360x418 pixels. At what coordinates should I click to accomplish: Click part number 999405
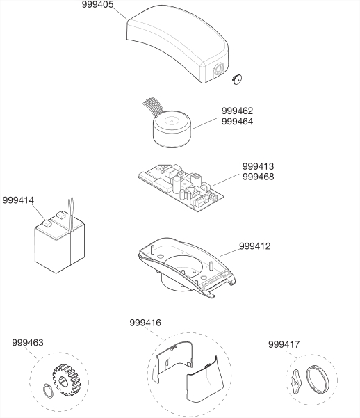[97, 5]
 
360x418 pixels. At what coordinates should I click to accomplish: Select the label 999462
[237, 111]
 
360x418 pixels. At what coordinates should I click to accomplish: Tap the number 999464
[237, 122]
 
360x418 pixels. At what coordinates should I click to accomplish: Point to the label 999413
[258, 166]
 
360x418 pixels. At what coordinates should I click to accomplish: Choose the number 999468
[258, 177]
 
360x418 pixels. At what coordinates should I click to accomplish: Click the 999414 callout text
[18, 200]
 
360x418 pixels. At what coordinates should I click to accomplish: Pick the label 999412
[255, 246]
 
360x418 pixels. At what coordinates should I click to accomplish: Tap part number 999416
[145, 323]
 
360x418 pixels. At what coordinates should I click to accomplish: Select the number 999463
[28, 343]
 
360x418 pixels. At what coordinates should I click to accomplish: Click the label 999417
[284, 344]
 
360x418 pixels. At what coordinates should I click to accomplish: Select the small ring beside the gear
[48, 391]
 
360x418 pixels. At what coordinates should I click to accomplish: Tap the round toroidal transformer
[172, 129]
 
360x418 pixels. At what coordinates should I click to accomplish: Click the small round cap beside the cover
[236, 79]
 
